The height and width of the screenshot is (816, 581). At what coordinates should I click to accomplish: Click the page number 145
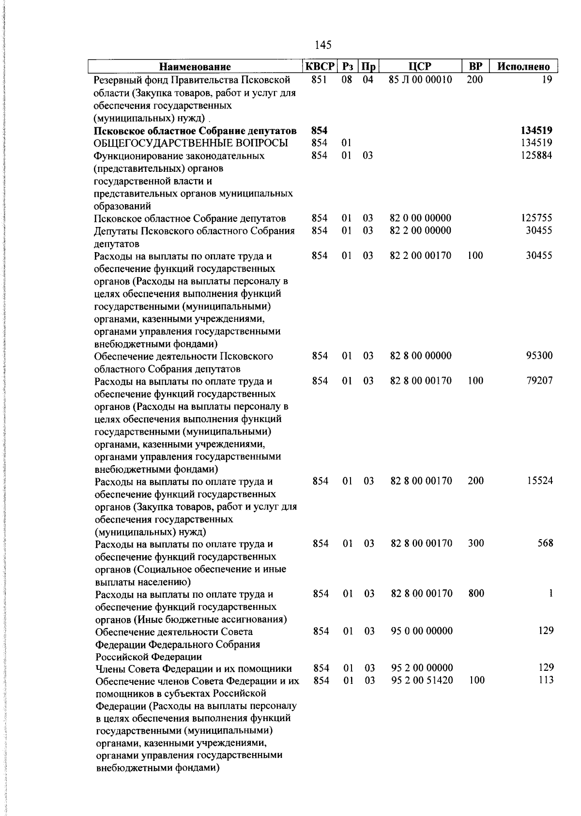click(323, 45)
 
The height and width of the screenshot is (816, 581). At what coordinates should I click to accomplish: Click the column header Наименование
click(195, 67)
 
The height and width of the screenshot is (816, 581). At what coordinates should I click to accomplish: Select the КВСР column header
click(320, 66)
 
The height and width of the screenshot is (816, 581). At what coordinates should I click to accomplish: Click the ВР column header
click(475, 66)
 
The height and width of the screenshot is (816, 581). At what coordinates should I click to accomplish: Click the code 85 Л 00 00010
click(420, 79)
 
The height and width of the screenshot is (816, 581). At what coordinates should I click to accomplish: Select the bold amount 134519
click(536, 130)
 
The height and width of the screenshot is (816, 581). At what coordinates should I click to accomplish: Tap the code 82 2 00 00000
click(420, 230)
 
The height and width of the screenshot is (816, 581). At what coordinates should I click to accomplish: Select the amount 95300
click(539, 356)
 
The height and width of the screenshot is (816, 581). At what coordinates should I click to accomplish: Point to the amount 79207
click(539, 380)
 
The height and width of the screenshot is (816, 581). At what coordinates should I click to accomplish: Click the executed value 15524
click(539, 481)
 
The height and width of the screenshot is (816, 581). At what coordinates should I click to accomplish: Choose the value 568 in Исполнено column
click(545, 543)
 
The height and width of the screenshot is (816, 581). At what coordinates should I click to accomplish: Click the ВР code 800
click(476, 593)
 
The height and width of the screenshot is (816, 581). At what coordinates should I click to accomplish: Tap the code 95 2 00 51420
click(422, 680)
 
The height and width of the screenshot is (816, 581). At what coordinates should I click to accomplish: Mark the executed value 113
click(546, 680)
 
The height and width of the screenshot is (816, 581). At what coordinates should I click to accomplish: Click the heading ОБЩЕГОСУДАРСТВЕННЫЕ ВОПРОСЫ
click(191, 143)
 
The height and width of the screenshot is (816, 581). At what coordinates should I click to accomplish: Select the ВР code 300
click(476, 543)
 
